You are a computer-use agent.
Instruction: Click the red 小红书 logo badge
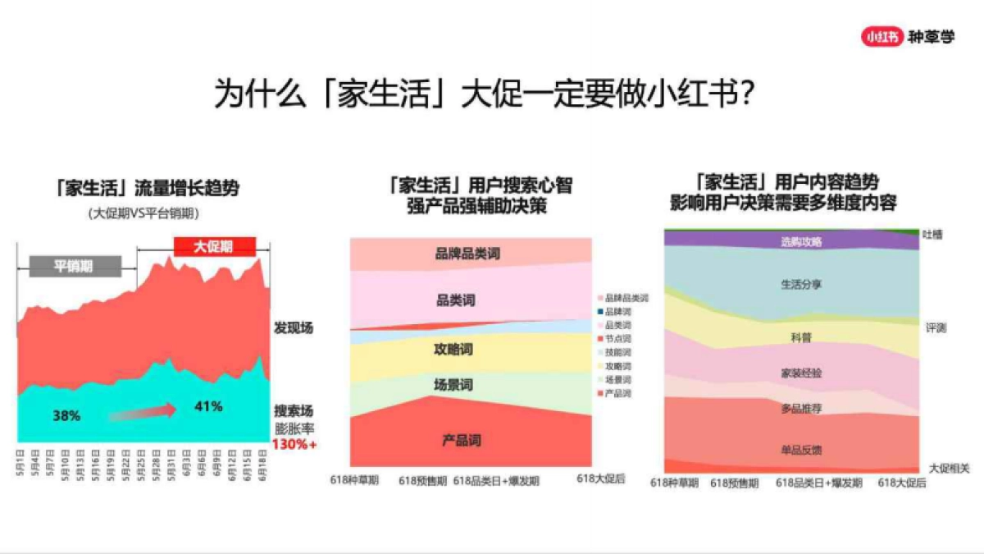[x=881, y=36]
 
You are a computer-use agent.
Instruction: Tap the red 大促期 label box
[x=214, y=245]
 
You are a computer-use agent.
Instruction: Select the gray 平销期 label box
[x=75, y=266]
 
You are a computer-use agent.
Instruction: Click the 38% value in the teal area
[x=66, y=415]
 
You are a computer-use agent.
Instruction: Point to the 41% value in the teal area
[x=208, y=405]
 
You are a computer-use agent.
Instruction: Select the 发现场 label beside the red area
[x=294, y=327]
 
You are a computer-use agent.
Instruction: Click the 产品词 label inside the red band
[x=462, y=441]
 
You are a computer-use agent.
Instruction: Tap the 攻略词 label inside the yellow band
[x=453, y=350]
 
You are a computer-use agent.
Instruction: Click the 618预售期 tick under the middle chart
[x=423, y=481]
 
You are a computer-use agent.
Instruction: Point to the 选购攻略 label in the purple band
[x=802, y=242]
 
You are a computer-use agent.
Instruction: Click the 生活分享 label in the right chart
[x=801, y=285]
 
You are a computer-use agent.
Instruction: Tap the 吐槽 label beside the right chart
[x=932, y=234]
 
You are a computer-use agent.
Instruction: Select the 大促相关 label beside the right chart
[x=949, y=468]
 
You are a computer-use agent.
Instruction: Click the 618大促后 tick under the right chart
[x=902, y=483]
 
